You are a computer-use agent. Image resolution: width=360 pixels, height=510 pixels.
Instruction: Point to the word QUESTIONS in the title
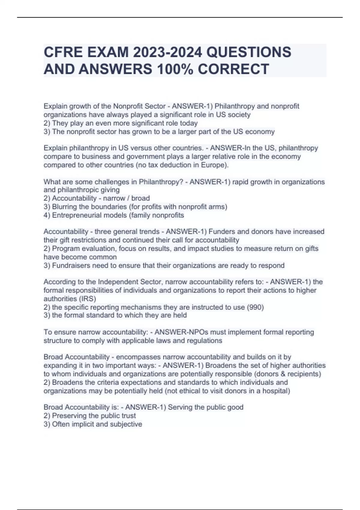249,52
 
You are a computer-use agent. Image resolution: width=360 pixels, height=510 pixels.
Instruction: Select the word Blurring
65,207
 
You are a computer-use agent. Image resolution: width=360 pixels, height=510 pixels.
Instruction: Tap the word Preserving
70,416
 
